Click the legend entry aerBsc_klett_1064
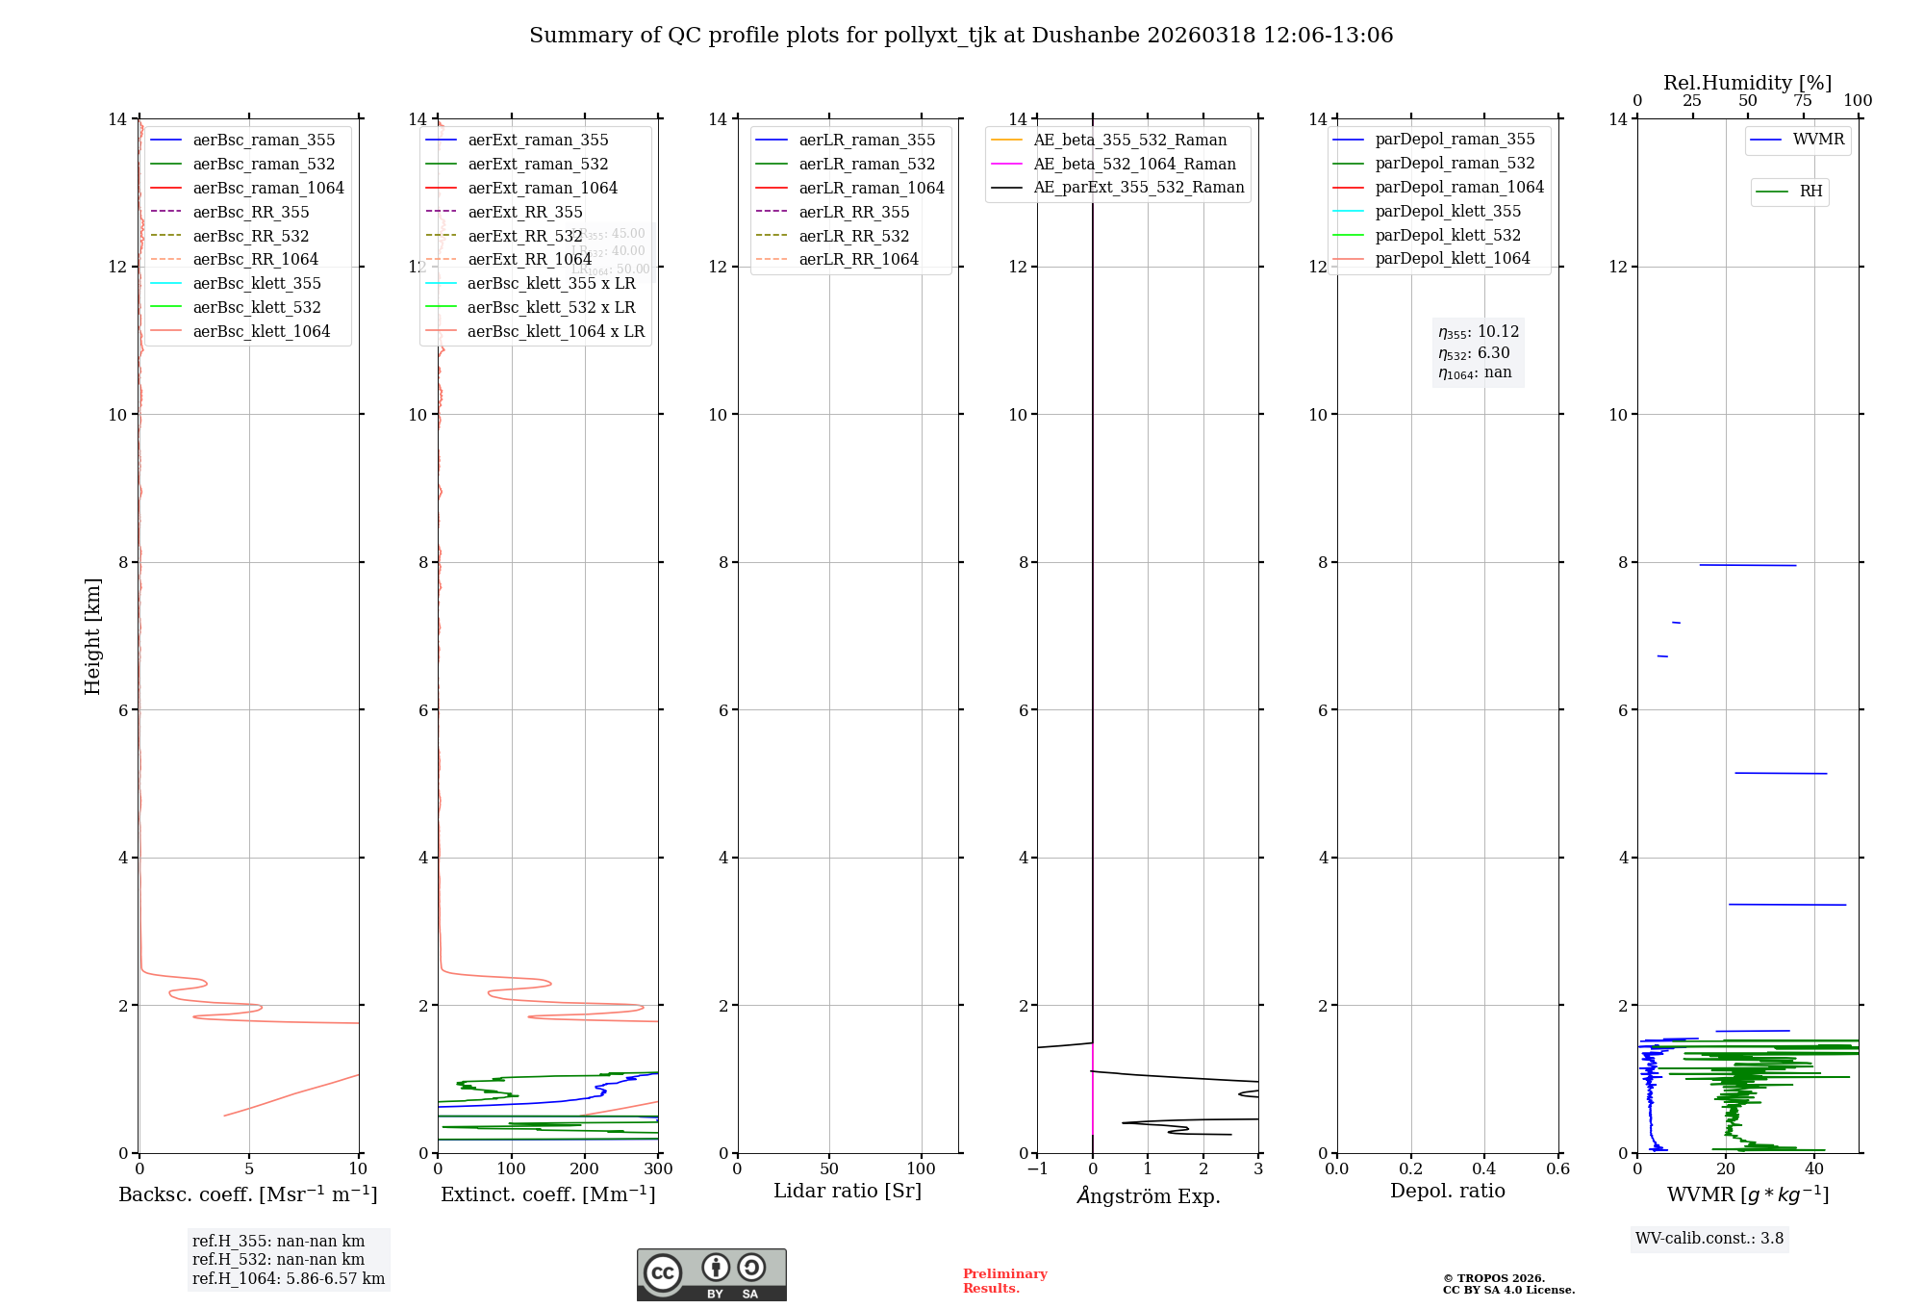point(261,331)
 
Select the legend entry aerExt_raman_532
point(538,164)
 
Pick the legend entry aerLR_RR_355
point(853,212)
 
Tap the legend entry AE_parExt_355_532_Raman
point(1138,187)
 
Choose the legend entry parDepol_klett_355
point(1448,211)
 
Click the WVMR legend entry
point(1818,140)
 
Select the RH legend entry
point(1810,192)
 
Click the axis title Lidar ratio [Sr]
point(848,1191)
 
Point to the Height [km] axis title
point(92,635)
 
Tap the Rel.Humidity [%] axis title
point(1747,83)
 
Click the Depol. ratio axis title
point(1447,1191)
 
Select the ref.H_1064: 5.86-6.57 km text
point(289,1278)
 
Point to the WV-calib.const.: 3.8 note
point(1709,1238)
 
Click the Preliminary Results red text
point(1004,1280)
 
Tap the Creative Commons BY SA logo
point(711,1274)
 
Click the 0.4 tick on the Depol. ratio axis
point(1484,1168)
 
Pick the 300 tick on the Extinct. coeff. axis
point(658,1168)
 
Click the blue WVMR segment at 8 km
point(1747,565)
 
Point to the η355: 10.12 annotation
point(1479,332)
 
